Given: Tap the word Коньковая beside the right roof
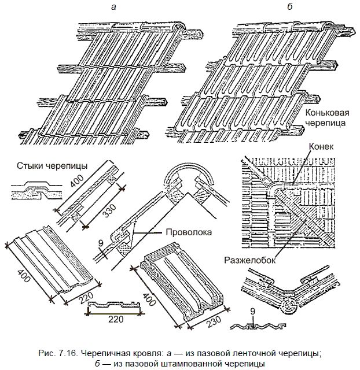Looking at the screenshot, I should click(x=328, y=113).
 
